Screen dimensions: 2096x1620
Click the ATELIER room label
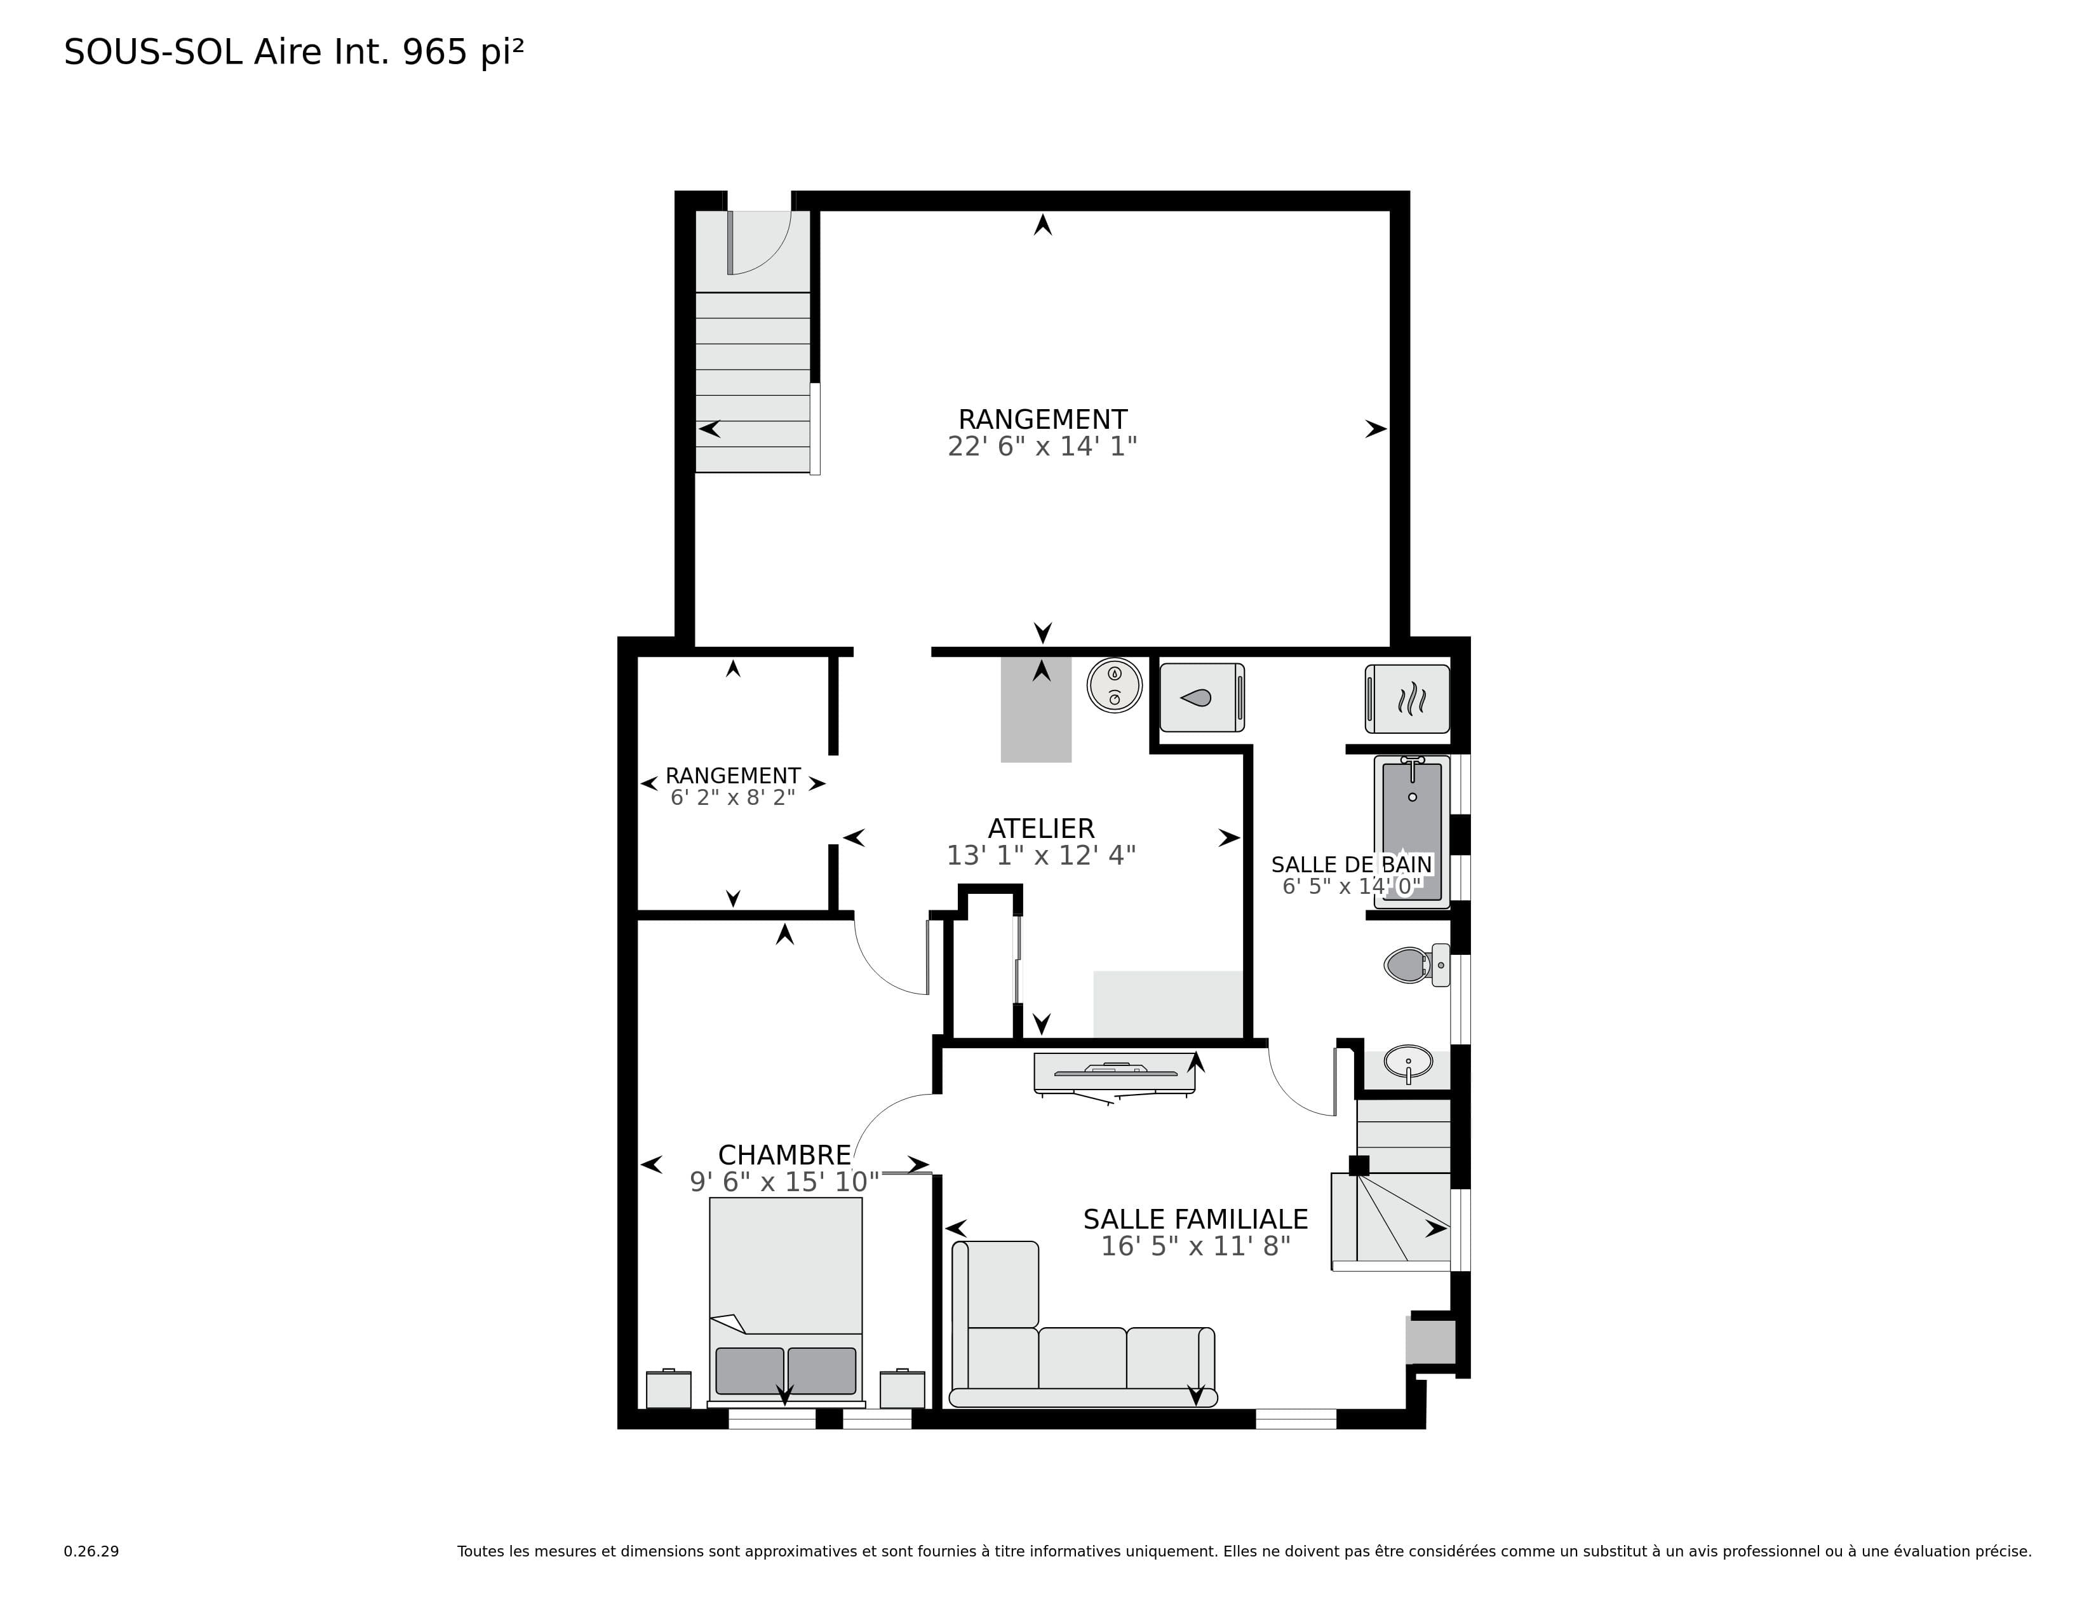1041,828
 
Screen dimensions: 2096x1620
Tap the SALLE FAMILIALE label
1196,1219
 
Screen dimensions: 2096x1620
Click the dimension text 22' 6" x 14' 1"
1042,446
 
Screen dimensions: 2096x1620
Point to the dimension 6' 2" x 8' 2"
732,797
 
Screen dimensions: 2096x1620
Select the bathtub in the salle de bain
1412,831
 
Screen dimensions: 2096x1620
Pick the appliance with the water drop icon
1202,698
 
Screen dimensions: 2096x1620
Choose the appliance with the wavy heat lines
1407,699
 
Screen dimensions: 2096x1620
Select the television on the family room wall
1114,1074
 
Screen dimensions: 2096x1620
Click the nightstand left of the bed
668,1389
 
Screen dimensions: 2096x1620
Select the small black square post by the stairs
1359,1166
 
